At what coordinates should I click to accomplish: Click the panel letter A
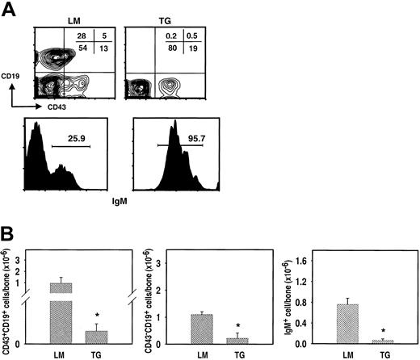coord(9,9)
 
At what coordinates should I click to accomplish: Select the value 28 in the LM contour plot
coord(81,36)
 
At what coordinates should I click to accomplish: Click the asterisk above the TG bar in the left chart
coord(98,315)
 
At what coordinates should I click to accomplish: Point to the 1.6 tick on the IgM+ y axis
coord(322,261)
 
